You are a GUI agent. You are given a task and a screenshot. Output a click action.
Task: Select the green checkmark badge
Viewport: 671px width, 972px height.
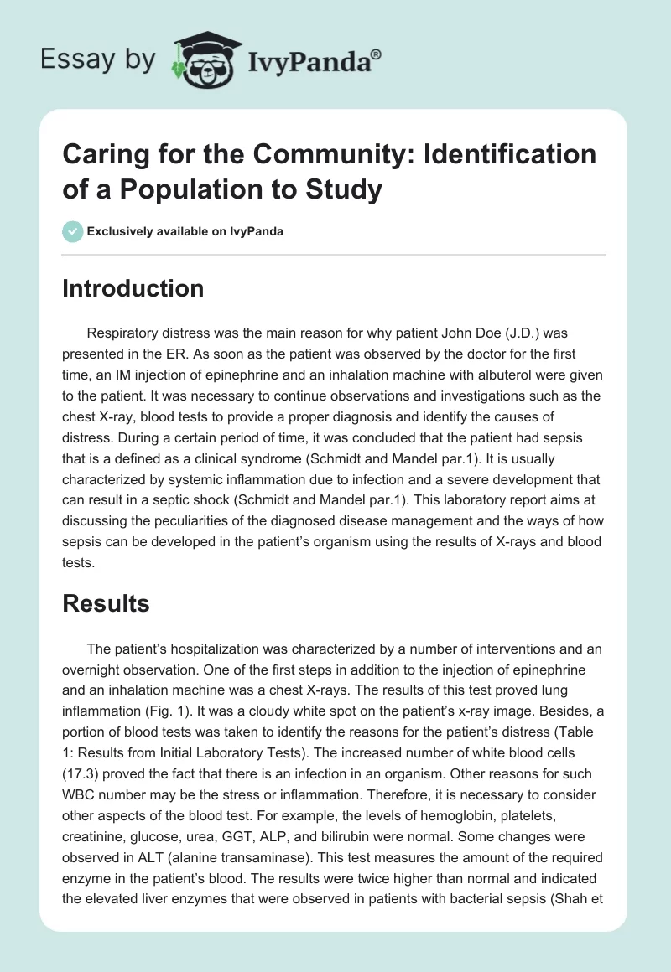(x=72, y=231)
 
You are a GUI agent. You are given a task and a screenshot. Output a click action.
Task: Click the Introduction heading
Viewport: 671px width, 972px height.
(x=133, y=289)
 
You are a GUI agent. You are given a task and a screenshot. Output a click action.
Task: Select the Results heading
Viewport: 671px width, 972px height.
(x=106, y=603)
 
